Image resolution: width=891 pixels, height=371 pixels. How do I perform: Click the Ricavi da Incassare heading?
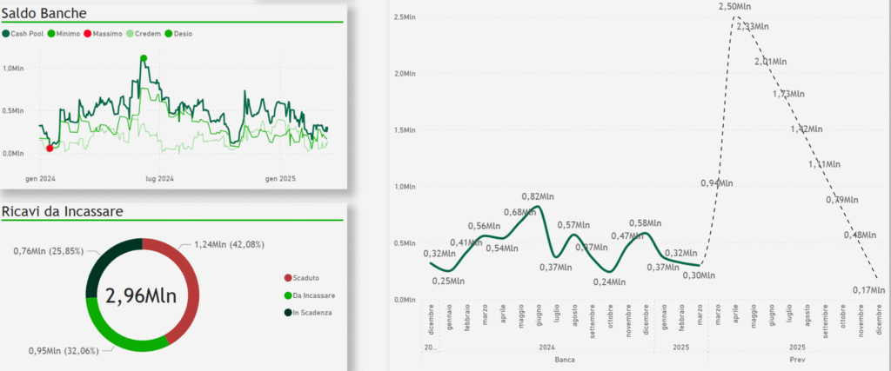pos(62,211)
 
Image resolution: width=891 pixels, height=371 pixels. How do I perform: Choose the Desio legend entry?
pos(178,33)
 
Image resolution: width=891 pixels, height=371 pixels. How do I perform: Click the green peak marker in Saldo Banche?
pos(144,58)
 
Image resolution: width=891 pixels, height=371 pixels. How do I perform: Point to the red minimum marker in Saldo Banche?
pos(49,149)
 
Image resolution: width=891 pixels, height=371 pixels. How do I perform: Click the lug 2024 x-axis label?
pos(159,178)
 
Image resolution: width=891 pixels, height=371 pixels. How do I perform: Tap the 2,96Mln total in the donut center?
pos(141,295)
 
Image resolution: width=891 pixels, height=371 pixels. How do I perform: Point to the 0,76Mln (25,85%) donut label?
pos(48,251)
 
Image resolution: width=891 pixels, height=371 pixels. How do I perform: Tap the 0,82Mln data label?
pos(539,196)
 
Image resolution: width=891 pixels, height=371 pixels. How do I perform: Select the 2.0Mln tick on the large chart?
pos(403,74)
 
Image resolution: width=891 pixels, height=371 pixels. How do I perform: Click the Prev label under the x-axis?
pos(796,358)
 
